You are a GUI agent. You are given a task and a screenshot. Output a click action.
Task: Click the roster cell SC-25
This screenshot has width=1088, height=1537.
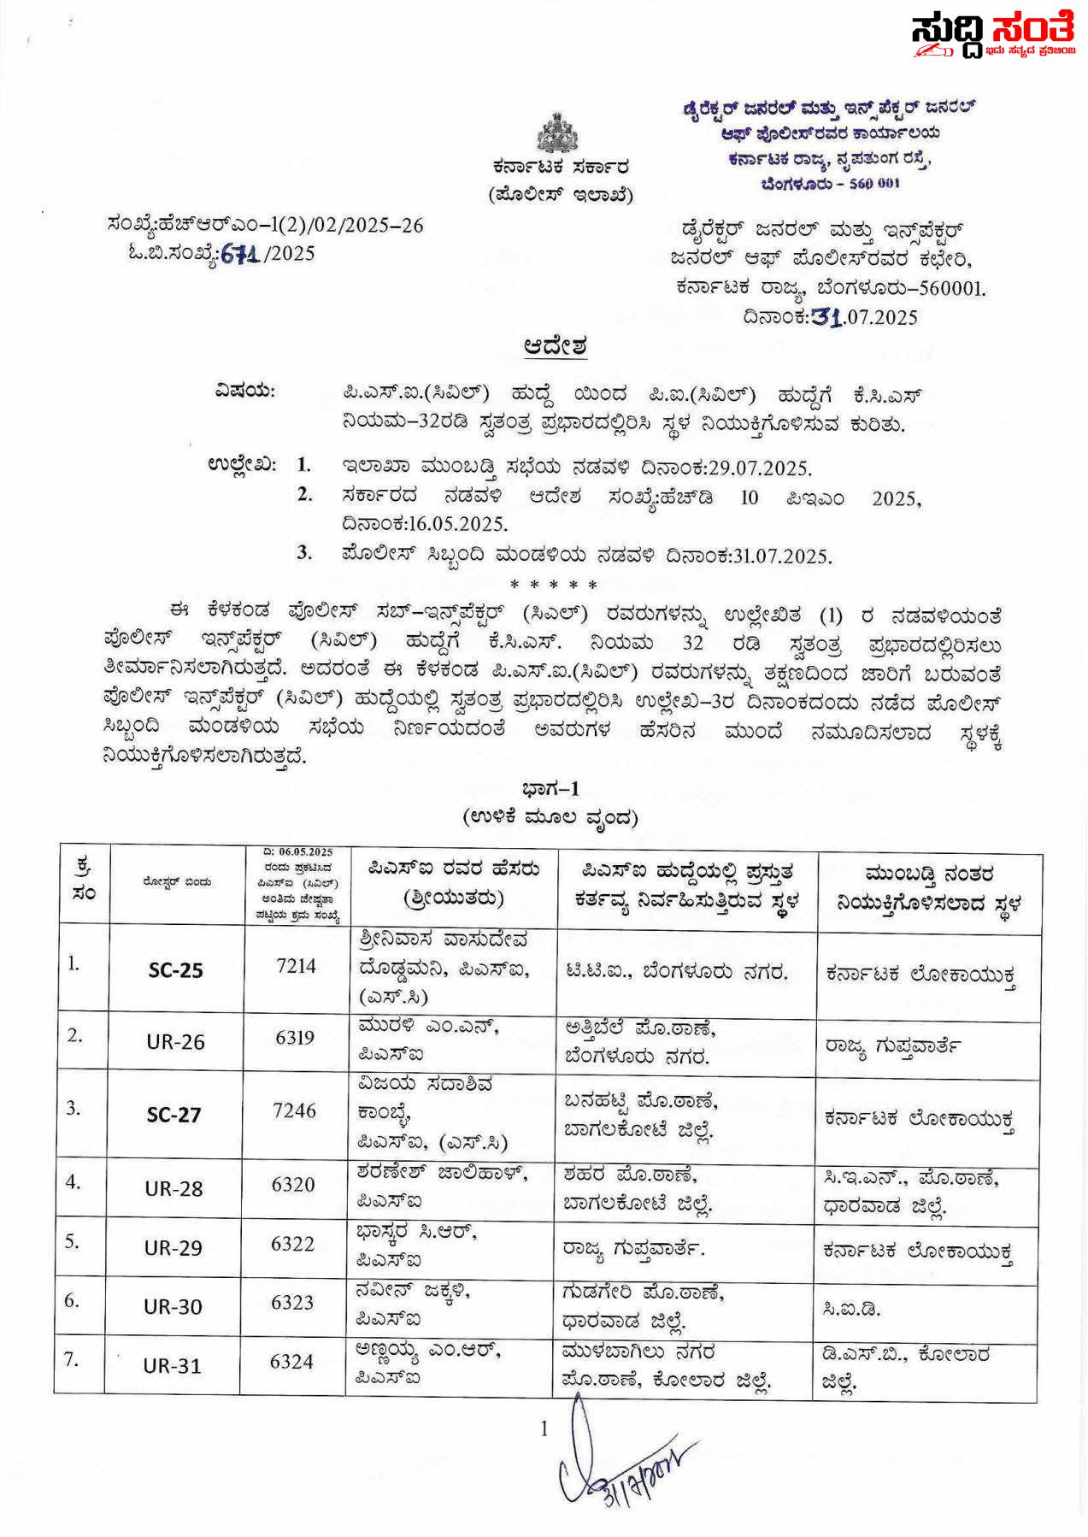(x=176, y=970)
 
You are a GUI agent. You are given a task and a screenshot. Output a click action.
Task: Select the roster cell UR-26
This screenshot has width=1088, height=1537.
(x=176, y=1042)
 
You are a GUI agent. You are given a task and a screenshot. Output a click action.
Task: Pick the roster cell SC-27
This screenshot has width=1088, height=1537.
(x=174, y=1115)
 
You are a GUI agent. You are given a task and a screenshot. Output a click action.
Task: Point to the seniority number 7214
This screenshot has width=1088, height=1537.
(x=296, y=966)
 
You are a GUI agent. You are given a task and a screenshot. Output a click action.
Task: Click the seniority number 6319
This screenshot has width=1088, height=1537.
(x=295, y=1038)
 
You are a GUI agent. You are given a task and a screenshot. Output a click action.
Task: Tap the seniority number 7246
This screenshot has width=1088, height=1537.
(x=295, y=1110)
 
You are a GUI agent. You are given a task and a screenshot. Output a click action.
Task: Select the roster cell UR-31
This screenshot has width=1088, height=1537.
(x=173, y=1366)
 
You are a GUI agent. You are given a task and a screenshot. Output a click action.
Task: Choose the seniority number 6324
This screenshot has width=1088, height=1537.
(x=291, y=1362)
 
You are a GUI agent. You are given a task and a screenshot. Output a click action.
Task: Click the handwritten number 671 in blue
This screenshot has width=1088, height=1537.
(x=240, y=253)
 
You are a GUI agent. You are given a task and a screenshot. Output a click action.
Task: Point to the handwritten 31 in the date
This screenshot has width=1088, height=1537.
(x=826, y=317)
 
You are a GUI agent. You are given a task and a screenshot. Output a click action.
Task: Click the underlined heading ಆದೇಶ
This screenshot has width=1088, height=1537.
(x=555, y=347)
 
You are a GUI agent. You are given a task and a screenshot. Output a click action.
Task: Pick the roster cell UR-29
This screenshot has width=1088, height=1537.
(x=173, y=1248)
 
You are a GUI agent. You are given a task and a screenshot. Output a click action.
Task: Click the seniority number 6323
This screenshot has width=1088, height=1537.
(x=292, y=1303)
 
